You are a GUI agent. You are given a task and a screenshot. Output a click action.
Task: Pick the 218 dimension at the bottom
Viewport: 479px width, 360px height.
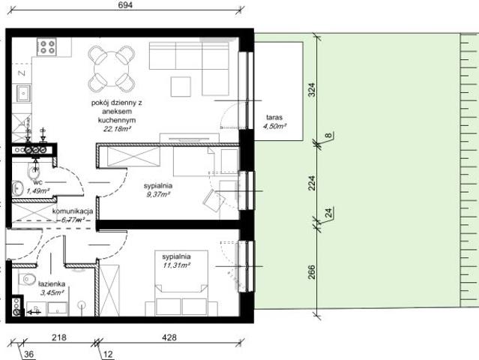click(57, 338)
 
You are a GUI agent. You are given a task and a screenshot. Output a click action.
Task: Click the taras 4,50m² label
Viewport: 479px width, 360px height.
click(276, 122)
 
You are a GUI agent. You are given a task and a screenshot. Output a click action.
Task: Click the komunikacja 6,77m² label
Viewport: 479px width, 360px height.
click(72, 216)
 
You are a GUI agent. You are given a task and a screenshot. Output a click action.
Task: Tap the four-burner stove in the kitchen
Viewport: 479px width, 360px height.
click(47, 47)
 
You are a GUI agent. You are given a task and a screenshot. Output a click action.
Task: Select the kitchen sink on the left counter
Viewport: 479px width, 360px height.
click(22, 94)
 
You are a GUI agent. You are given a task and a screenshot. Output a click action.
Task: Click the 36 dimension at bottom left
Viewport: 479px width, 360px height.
click(29, 355)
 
